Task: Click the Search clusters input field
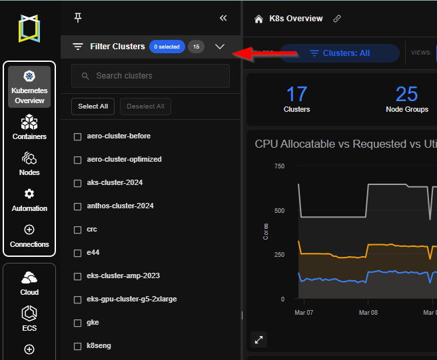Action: pyautogui.click(x=151, y=76)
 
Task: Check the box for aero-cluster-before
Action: pyautogui.click(x=77, y=136)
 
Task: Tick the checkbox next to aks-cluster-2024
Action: pyautogui.click(x=77, y=183)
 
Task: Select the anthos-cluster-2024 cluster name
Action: pyautogui.click(x=120, y=206)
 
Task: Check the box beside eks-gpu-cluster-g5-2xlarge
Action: pyautogui.click(x=77, y=299)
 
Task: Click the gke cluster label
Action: pyautogui.click(x=93, y=323)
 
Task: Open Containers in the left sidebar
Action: pyautogui.click(x=29, y=127)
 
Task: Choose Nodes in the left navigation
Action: pyautogui.click(x=29, y=163)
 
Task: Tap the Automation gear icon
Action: pyautogui.click(x=29, y=194)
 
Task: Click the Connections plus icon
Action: pyautogui.click(x=29, y=230)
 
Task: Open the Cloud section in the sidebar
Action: pyautogui.click(x=29, y=282)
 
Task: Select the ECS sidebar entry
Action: pyautogui.click(x=29, y=317)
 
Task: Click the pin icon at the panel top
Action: pyautogui.click(x=78, y=18)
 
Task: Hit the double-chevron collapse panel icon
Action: pyautogui.click(x=223, y=18)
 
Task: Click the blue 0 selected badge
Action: pyautogui.click(x=167, y=47)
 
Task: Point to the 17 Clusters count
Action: pyautogui.click(x=296, y=98)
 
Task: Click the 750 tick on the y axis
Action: pyautogui.click(x=278, y=166)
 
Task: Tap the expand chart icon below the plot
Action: pyautogui.click(x=259, y=340)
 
